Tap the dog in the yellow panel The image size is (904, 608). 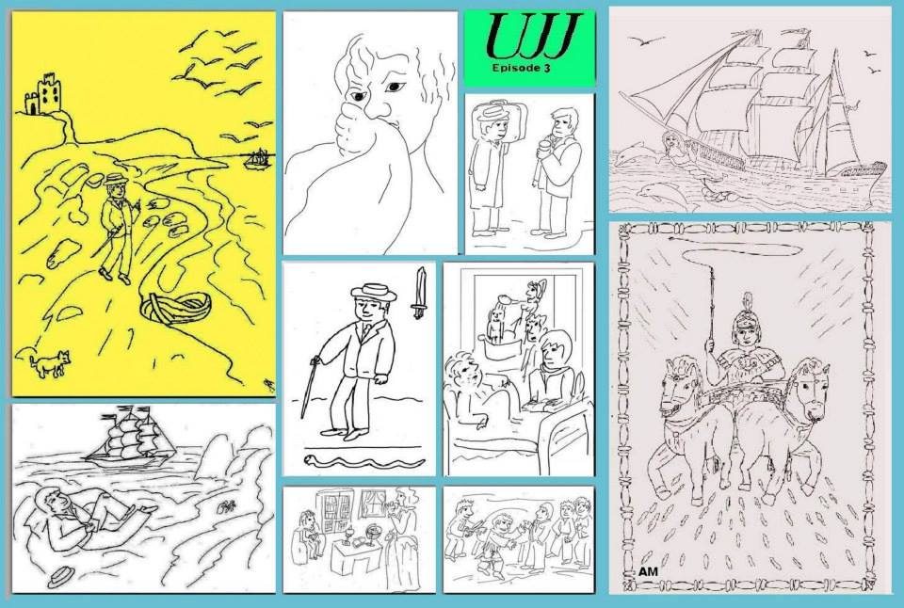(50, 363)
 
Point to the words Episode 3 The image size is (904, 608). (521, 68)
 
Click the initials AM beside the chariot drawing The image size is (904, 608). (648, 571)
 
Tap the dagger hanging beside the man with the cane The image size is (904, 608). (420, 293)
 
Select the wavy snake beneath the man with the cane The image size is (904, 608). (364, 460)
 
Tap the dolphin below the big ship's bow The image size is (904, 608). (664, 195)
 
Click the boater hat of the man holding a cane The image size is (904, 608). (374, 292)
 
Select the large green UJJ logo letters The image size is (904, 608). (531, 36)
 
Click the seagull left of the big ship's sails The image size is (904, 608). (645, 40)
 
